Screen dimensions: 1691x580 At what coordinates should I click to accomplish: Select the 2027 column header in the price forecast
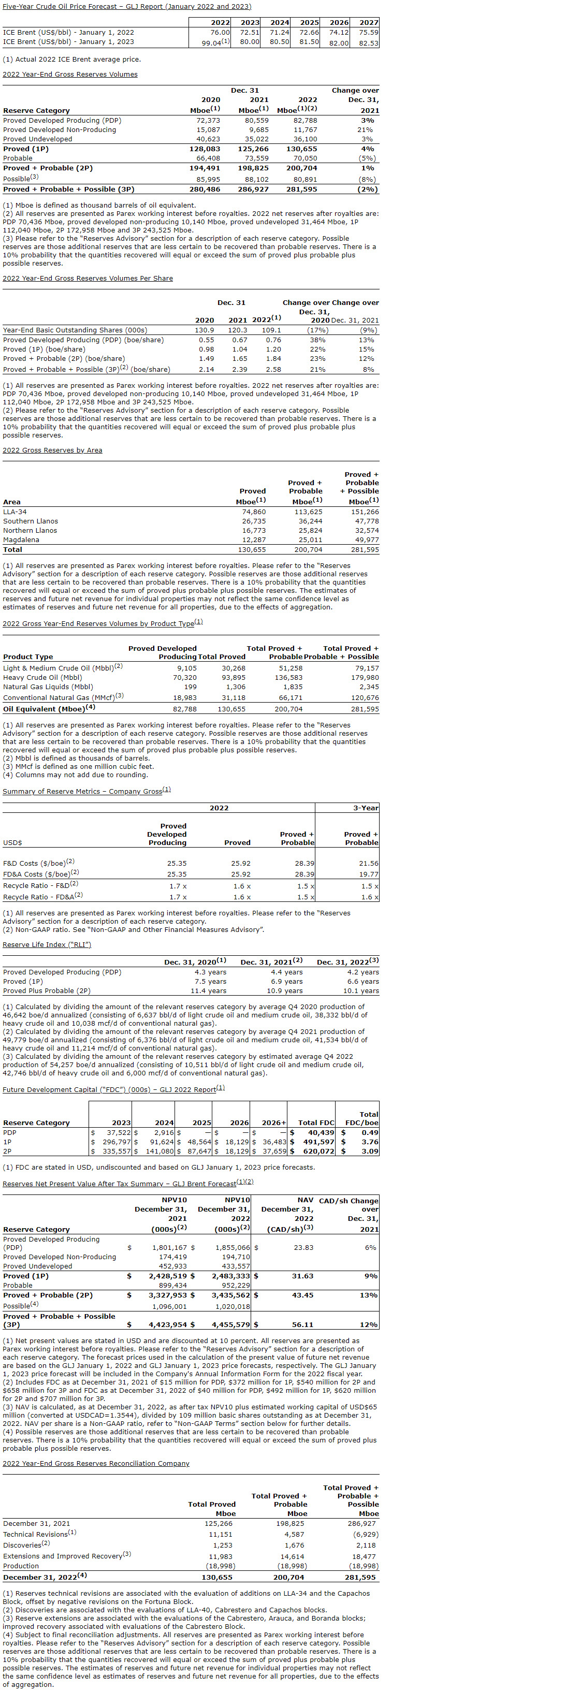pos(369,22)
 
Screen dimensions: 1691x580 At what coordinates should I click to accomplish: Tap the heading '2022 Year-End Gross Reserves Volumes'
pos(70,74)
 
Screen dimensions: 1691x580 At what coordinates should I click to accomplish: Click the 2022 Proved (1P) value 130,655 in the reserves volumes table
pos(303,149)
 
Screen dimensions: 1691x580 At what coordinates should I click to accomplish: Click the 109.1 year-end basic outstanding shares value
pos(271,330)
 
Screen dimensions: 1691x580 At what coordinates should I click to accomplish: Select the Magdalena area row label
pos(21,540)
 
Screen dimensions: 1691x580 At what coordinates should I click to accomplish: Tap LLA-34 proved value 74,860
pos(254,512)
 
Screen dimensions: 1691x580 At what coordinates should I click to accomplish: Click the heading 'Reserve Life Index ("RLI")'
pos(47,944)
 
